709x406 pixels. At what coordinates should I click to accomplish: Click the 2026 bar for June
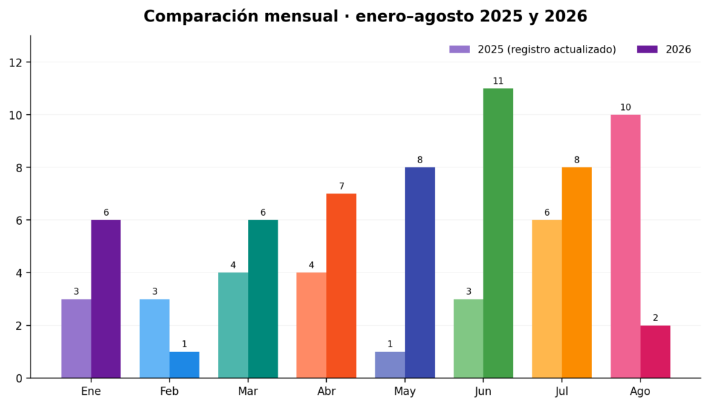(499, 233)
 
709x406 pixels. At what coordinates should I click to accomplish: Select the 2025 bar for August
(625, 246)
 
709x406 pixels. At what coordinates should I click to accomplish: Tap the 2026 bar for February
(184, 365)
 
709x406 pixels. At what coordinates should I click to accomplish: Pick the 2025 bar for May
(390, 365)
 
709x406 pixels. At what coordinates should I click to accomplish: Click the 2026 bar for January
(106, 299)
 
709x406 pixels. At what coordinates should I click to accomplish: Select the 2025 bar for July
(547, 299)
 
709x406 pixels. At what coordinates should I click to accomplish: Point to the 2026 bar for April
(341, 286)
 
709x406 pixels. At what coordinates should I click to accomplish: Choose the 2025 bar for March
(233, 325)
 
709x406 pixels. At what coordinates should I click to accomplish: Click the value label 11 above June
(499, 81)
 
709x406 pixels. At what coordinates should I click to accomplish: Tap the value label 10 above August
(625, 107)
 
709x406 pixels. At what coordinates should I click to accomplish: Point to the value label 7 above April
(341, 186)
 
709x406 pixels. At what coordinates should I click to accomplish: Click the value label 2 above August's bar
(655, 318)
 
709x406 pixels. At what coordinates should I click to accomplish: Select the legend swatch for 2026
(647, 49)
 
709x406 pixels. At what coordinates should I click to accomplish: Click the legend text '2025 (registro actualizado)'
(547, 49)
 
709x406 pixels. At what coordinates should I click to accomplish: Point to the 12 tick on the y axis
(15, 62)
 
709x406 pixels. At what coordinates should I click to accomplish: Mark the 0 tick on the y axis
(19, 378)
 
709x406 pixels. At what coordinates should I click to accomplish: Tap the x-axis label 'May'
(404, 391)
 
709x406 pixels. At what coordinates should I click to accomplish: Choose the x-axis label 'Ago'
(640, 391)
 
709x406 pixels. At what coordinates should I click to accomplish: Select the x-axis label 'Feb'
(170, 391)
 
